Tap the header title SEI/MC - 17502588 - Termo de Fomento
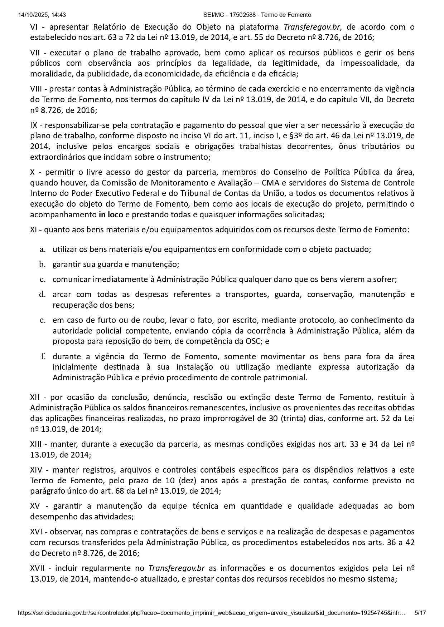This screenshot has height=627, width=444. [x=257, y=15]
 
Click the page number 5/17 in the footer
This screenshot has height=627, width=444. [x=420, y=613]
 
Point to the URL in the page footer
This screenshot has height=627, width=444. [x=211, y=613]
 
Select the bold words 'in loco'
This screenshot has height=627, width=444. [x=111, y=215]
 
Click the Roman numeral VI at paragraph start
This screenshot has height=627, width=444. [x=34, y=27]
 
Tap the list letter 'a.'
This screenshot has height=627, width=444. [x=43, y=249]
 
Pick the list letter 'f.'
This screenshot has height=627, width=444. [x=43, y=356]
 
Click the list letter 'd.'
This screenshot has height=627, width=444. [x=43, y=294]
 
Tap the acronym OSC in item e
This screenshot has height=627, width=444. [x=253, y=341]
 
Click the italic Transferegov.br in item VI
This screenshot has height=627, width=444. [x=312, y=27]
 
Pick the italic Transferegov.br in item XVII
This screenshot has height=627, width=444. [x=177, y=568]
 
